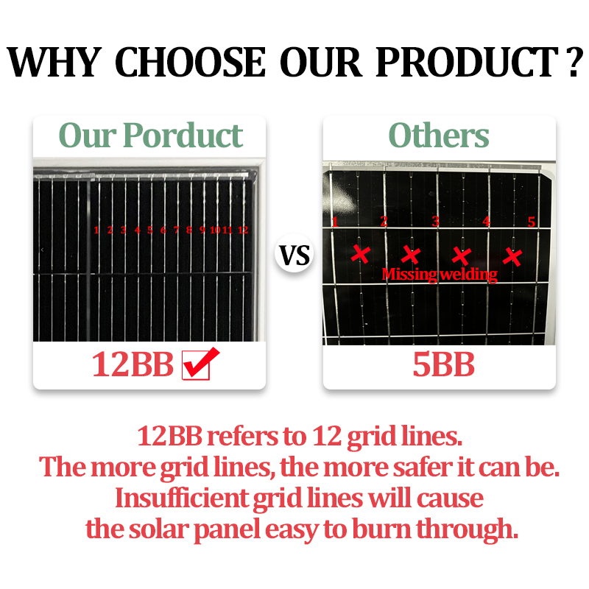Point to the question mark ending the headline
coord(571,63)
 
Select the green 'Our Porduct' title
coord(150,135)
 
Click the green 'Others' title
coord(439,135)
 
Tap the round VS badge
coord(294,256)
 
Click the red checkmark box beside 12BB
coord(196,364)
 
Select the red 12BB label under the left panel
coord(133,364)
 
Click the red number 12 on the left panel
coord(242,230)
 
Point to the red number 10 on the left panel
coord(215,230)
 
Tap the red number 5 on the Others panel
coord(531,222)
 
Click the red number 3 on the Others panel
coord(435,222)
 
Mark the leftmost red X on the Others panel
coord(360,254)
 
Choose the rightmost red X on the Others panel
coord(512,256)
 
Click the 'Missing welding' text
coord(440,274)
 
